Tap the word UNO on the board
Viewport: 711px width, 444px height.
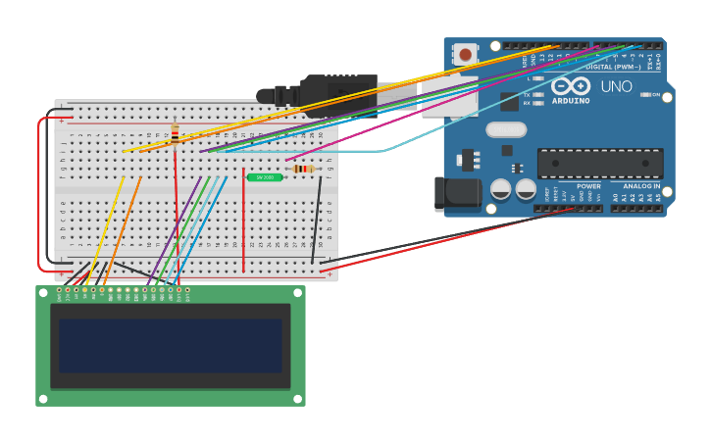click(x=616, y=87)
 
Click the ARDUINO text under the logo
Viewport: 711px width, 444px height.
click(x=571, y=100)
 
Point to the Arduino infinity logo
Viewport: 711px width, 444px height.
click(x=571, y=85)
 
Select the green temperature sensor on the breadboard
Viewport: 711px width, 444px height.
click(x=265, y=177)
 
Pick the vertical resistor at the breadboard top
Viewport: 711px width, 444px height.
click(x=175, y=132)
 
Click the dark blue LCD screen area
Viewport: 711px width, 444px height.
click(x=170, y=345)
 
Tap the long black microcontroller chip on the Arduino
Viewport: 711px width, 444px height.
click(x=599, y=163)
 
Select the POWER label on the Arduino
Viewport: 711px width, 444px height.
click(x=588, y=186)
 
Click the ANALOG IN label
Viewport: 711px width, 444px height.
click(x=641, y=186)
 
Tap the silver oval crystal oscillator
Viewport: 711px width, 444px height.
click(x=506, y=129)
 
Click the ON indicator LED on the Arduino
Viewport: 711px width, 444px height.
click(x=644, y=95)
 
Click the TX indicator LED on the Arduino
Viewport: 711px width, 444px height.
click(x=537, y=95)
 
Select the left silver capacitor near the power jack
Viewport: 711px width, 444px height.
click(x=500, y=189)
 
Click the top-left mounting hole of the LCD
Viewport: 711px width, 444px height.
click(x=42, y=291)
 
